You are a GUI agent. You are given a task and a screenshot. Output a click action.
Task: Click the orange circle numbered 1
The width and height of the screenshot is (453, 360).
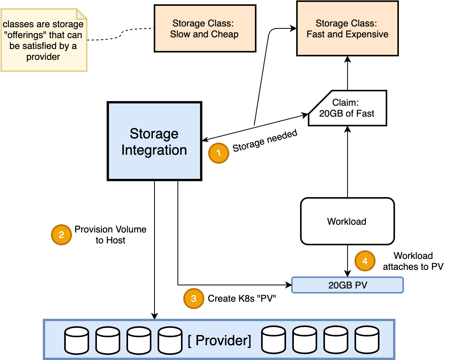(218, 153)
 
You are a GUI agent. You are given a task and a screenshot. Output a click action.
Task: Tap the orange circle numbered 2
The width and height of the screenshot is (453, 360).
(61, 235)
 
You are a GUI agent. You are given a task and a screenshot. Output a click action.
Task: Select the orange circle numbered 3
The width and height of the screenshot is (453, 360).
(193, 298)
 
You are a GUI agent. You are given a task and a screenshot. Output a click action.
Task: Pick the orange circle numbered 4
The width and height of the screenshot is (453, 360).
(365, 261)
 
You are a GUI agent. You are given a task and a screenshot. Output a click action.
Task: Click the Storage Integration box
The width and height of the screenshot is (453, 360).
(155, 141)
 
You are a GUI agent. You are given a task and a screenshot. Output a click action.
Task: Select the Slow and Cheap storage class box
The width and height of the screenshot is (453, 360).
(205, 28)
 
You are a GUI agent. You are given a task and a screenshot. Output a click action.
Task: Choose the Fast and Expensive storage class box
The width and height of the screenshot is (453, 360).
(347, 28)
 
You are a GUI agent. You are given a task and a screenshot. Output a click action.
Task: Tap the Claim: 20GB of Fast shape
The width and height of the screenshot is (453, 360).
(348, 108)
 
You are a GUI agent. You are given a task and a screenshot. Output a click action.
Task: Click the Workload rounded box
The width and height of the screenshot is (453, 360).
(347, 221)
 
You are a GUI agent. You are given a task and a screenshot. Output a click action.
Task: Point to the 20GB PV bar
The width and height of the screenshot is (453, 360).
(348, 285)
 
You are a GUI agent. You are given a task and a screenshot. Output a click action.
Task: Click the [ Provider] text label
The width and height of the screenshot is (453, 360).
(219, 340)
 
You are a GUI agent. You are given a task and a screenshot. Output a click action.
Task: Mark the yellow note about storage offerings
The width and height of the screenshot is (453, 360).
(44, 40)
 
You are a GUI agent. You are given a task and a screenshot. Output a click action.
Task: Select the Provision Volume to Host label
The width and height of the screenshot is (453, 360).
(111, 235)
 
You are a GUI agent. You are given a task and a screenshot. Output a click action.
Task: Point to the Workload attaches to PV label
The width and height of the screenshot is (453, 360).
(413, 261)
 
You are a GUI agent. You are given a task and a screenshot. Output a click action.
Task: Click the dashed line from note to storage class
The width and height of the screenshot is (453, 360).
(121, 34)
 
